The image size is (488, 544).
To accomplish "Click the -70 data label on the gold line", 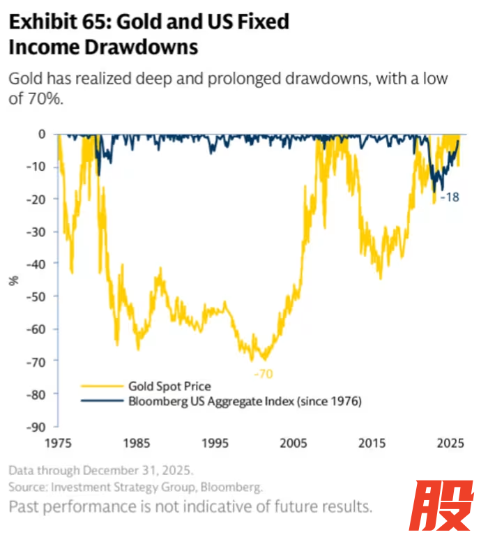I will point(263,374).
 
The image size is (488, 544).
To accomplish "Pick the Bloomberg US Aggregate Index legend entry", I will point(245,401).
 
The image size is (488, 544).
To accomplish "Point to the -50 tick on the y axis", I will point(38,296).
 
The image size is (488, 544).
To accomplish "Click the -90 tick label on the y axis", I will point(38,427).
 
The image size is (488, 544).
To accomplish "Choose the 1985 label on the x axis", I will point(136,443).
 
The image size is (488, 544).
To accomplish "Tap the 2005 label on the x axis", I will point(293,443).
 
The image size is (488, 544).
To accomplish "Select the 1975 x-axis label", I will point(58,443).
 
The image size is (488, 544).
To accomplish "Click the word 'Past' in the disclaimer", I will point(26,505).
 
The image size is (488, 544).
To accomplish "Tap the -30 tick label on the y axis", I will point(38,232).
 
